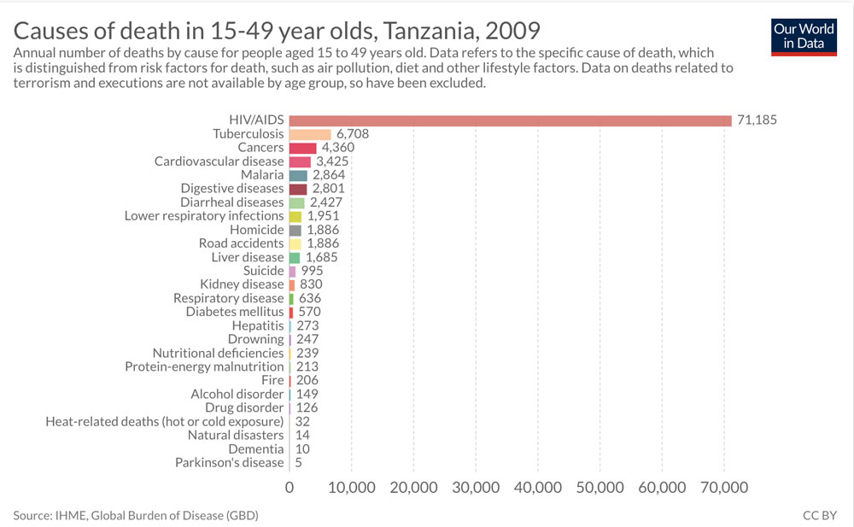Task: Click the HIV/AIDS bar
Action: coord(510,120)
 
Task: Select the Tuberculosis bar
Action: coord(310,134)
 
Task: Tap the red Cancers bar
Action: coord(303,148)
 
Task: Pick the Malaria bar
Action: coord(298,175)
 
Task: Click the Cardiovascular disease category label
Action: coord(219,161)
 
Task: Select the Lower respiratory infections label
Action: coord(204,216)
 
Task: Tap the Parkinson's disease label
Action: coord(229,462)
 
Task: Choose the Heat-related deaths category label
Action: coord(164,421)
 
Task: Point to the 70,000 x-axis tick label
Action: coord(724,488)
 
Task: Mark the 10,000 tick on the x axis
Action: coord(352,488)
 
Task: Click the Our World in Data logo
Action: coord(803,36)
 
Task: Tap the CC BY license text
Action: coord(820,516)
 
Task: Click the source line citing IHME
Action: coord(136,516)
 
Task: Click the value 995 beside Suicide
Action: coord(311,271)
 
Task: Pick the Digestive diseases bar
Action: coord(298,189)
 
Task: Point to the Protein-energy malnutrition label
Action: coord(204,366)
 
